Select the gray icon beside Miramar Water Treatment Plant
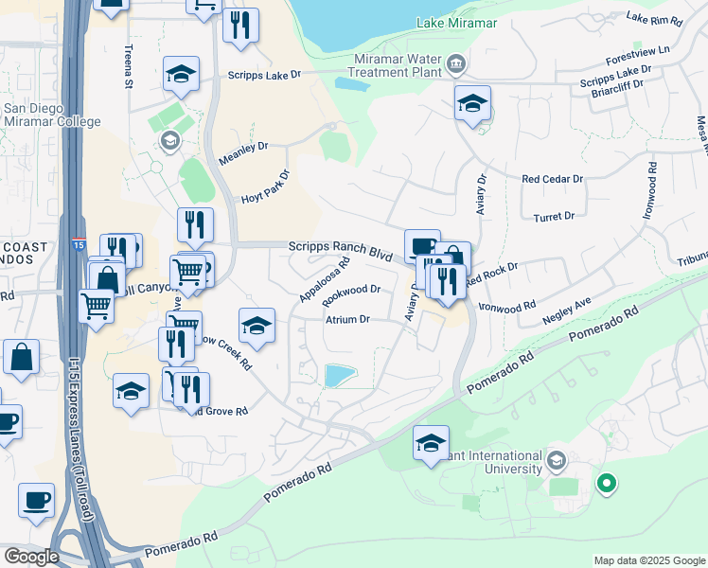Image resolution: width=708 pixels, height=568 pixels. pyautogui.click(x=457, y=64)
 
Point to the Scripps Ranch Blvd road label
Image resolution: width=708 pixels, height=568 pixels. pyautogui.click(x=340, y=251)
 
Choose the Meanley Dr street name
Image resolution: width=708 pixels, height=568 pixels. pyautogui.click(x=243, y=147)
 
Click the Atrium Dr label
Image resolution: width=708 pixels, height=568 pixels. pyautogui.click(x=347, y=320)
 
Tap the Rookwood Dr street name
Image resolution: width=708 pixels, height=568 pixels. pyautogui.click(x=351, y=295)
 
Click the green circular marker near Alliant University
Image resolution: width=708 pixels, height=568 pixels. pyautogui.click(x=606, y=485)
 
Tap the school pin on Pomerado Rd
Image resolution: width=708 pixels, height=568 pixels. pyautogui.click(x=431, y=442)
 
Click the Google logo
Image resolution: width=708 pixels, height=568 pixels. pyautogui.click(x=31, y=556)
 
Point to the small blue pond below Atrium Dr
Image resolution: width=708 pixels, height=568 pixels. pyautogui.click(x=339, y=376)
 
